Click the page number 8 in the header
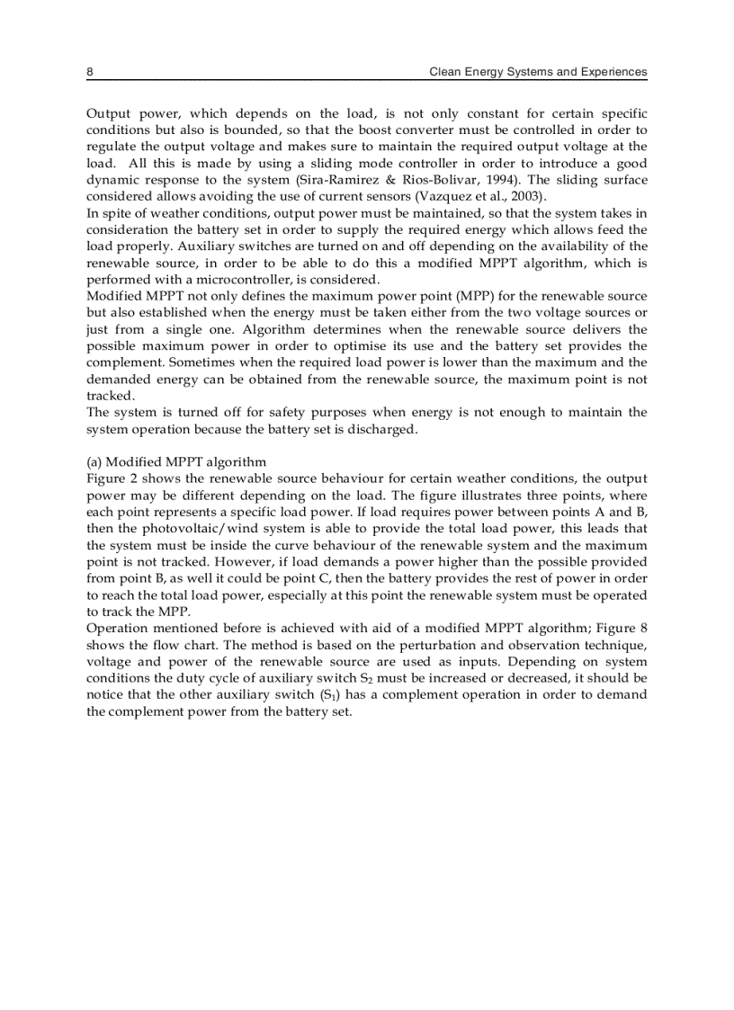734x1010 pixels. click(x=90, y=71)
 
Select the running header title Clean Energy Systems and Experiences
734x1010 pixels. click(x=538, y=71)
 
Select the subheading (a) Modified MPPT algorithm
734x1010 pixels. click(x=176, y=461)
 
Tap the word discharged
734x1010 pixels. click(x=384, y=428)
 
